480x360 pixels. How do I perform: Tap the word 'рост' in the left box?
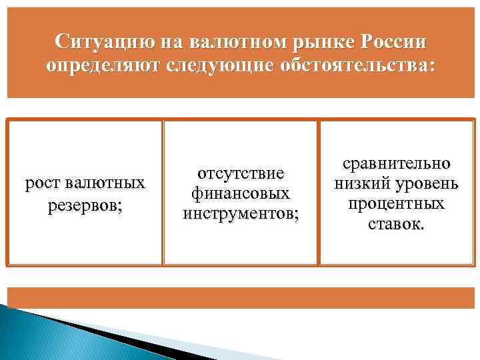pos(41,183)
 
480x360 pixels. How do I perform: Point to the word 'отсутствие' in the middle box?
pos(241,173)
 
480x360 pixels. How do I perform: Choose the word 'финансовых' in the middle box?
pos(241,193)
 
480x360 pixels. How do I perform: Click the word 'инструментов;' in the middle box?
pos(241,214)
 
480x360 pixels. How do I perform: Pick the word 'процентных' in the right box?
pos(396,203)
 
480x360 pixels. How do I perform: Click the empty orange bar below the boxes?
pos(240,297)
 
